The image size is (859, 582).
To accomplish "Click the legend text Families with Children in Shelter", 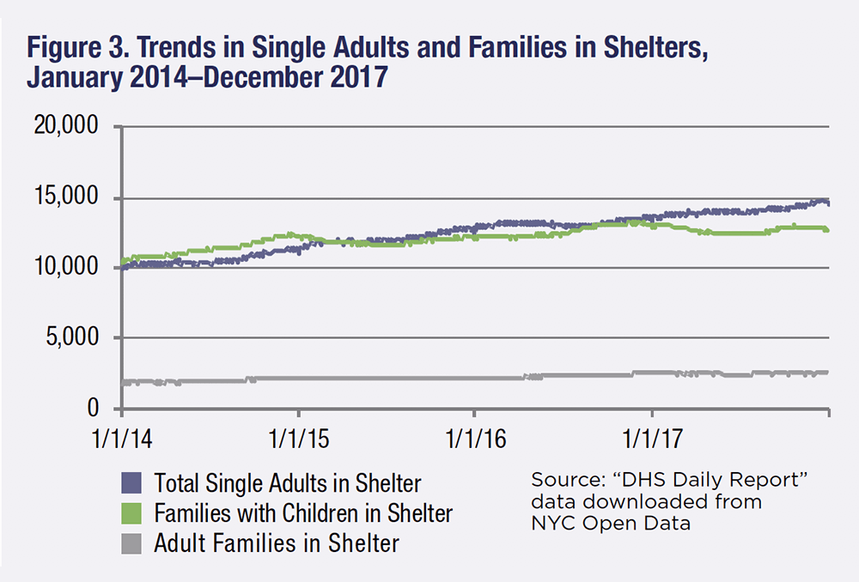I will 302,512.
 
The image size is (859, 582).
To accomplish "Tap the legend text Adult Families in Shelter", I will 276,543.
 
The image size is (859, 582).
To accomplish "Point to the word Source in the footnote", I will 558,479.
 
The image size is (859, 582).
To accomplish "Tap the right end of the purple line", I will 827,203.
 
